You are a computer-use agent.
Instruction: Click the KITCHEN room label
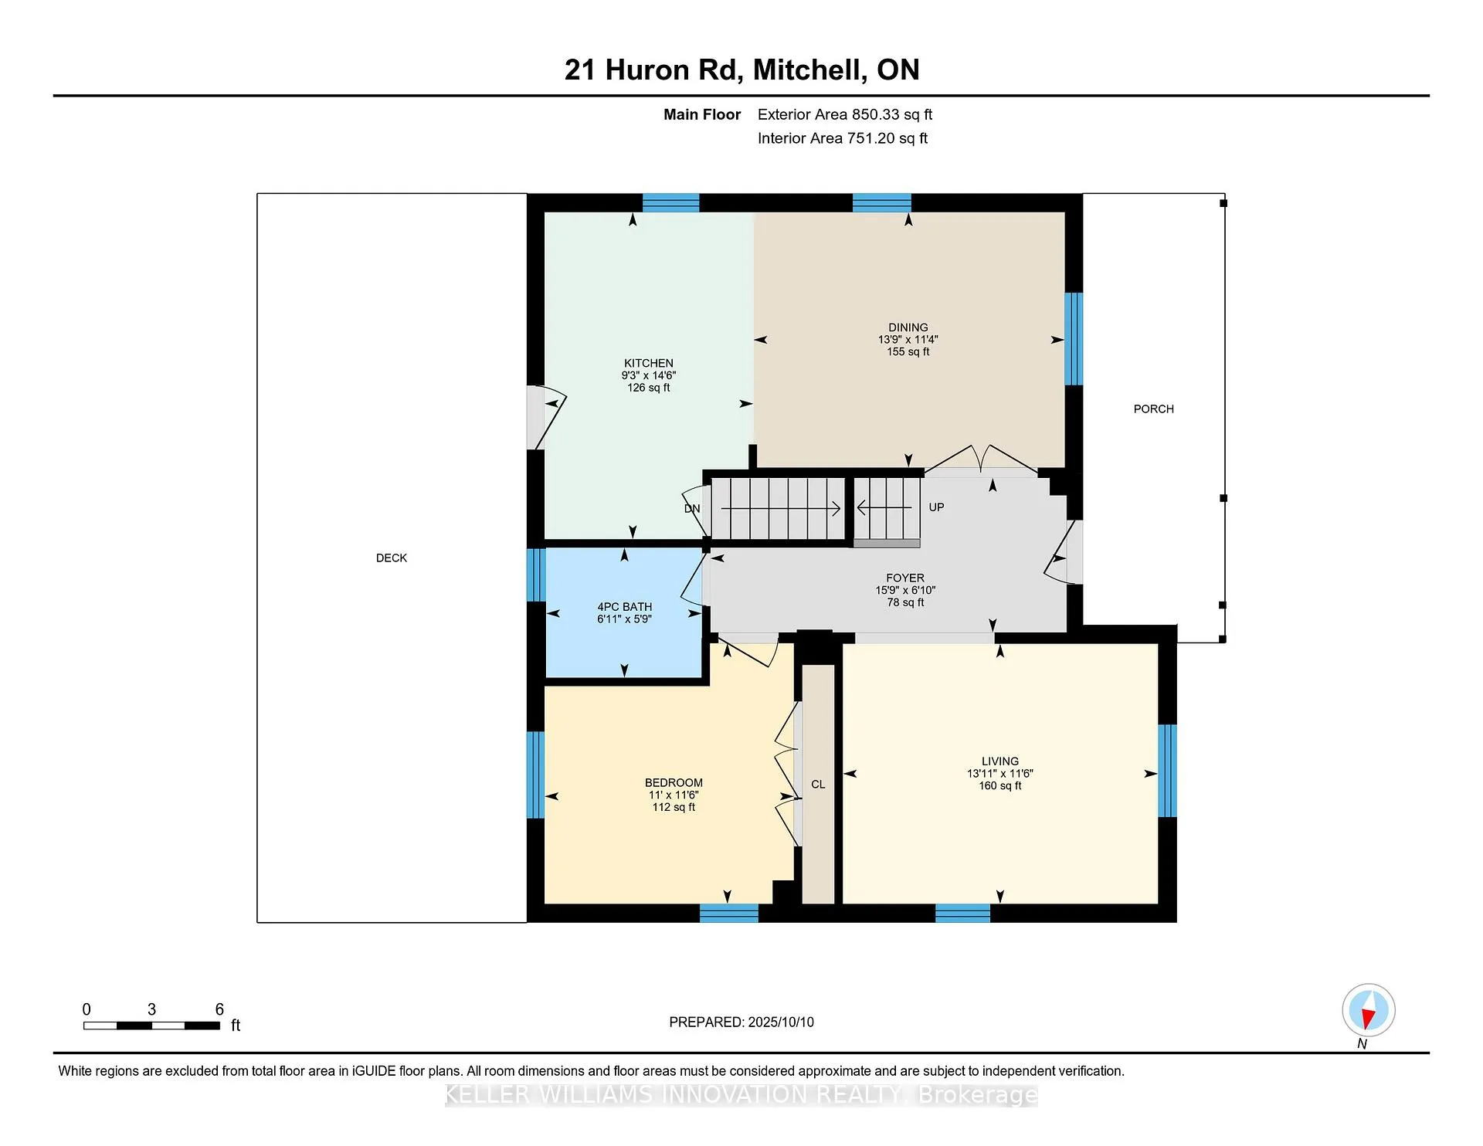click(649, 363)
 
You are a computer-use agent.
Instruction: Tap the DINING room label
click(908, 327)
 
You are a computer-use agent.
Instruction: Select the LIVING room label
click(1000, 761)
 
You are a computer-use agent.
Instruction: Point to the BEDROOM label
click(674, 783)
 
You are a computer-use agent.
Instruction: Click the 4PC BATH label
click(625, 607)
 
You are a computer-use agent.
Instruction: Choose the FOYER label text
click(905, 578)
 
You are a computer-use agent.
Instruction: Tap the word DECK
click(392, 558)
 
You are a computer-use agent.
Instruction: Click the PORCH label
click(1154, 409)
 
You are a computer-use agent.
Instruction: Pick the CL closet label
click(818, 785)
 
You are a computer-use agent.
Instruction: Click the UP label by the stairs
click(936, 507)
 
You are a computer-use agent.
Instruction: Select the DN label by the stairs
click(692, 509)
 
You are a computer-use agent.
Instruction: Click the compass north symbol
click(1369, 1010)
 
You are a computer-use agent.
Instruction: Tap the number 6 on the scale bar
click(219, 1009)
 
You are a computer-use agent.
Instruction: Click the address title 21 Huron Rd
click(653, 70)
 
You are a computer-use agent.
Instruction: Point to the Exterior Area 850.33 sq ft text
click(845, 114)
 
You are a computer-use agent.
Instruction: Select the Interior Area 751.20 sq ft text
click(843, 138)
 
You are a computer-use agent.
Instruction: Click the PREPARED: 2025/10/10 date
click(741, 1022)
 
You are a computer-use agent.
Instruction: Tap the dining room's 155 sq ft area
click(908, 352)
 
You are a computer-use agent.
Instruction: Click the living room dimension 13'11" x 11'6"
click(1000, 774)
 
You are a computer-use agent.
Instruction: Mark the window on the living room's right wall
click(1167, 771)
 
